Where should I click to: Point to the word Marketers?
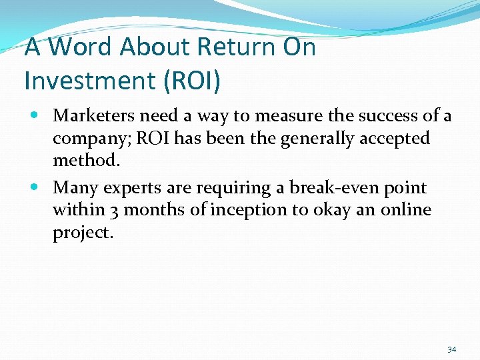[93, 116]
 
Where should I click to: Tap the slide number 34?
[452, 349]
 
